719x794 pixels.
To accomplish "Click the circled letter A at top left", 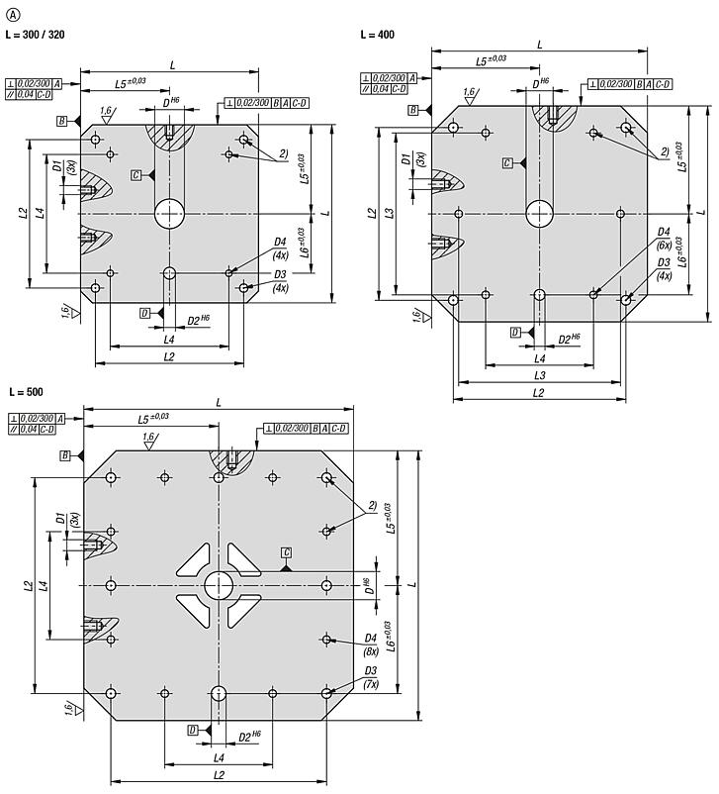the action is [x=13, y=15].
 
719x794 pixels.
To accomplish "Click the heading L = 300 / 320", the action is [x=35, y=35].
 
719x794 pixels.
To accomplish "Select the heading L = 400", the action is [x=378, y=35].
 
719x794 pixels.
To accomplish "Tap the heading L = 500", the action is [x=26, y=392].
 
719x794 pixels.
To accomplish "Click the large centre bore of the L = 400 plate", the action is [x=539, y=214].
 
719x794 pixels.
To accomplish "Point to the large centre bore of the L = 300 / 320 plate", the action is [x=169, y=214].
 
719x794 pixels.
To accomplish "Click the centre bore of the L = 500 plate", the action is [x=219, y=586].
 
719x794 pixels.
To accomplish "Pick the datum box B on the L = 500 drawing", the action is [x=64, y=455].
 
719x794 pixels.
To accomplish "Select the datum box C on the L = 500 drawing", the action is [x=287, y=552].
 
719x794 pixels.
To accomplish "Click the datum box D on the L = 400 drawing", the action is [x=515, y=333].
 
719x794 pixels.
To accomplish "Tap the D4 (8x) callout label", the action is [x=370, y=645].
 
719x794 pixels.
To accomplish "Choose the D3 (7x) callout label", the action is [x=370, y=677].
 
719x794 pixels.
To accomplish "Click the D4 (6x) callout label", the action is [x=664, y=239].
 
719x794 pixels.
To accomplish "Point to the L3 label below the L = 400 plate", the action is [x=539, y=375].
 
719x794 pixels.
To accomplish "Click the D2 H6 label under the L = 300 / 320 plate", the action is [x=199, y=320].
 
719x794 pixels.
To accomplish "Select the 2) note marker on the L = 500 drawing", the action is [x=373, y=505].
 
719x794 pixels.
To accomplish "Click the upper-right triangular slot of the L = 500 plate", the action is [x=243, y=560].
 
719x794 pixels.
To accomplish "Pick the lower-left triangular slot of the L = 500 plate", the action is [x=193, y=612].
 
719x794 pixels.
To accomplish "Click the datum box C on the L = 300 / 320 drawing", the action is [x=136, y=175].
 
